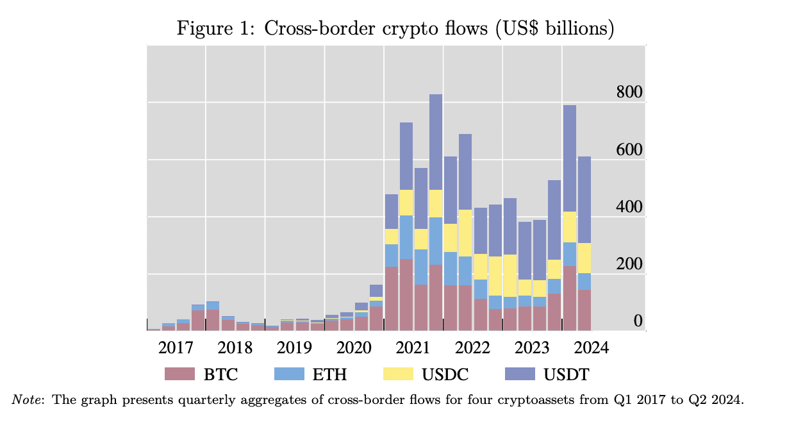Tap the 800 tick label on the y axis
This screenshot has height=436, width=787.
pyautogui.click(x=629, y=92)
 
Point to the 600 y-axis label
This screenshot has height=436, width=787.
pyautogui.click(x=629, y=150)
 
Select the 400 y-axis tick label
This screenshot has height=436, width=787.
pyautogui.click(x=629, y=207)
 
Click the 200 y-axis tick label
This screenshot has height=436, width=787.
pyautogui.click(x=629, y=264)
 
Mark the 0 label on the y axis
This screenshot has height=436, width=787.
pyautogui.click(x=638, y=321)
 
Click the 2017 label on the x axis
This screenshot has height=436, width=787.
pyautogui.click(x=176, y=348)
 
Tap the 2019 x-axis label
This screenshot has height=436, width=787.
pyautogui.click(x=294, y=348)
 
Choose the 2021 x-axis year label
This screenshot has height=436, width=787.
pyautogui.click(x=413, y=348)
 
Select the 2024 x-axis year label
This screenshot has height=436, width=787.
pyautogui.click(x=590, y=348)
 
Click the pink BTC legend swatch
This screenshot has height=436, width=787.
pyautogui.click(x=179, y=374)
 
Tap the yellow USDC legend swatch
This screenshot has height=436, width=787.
pyautogui.click(x=397, y=374)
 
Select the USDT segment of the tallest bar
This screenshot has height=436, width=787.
pyautogui.click(x=436, y=141)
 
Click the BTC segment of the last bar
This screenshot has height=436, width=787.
pyautogui.click(x=584, y=310)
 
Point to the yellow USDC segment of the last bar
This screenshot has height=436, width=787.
pyautogui.click(x=584, y=258)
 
